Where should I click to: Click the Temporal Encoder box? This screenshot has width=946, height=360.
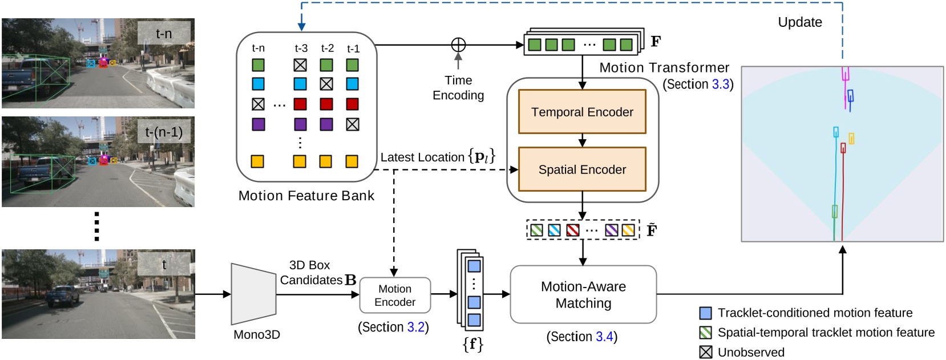[582, 112]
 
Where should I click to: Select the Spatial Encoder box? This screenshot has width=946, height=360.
[582, 169]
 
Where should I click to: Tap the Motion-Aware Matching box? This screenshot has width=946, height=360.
[583, 294]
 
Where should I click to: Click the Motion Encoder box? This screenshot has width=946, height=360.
[395, 296]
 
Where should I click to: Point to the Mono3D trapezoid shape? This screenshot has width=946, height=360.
[253, 294]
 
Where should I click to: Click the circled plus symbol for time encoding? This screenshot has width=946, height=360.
[458, 45]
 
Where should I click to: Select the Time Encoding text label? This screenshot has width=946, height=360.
[458, 87]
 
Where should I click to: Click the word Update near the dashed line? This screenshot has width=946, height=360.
[800, 22]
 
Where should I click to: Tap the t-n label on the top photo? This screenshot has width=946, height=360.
[164, 34]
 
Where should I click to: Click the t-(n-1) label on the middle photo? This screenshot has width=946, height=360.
[164, 132]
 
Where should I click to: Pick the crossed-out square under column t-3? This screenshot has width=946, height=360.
[300, 65]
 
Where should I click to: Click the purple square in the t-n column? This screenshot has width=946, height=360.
[258, 124]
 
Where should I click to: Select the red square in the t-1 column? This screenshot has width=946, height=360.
[353, 104]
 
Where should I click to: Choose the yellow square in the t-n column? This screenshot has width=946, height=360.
[258, 161]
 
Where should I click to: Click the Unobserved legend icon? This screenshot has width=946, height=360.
[706, 352]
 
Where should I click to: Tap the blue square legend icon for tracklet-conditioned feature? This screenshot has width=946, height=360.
[706, 313]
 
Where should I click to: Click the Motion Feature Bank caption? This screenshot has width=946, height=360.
[306, 196]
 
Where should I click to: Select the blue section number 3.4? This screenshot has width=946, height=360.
[604, 337]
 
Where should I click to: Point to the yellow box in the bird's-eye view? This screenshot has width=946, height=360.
[851, 138]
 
